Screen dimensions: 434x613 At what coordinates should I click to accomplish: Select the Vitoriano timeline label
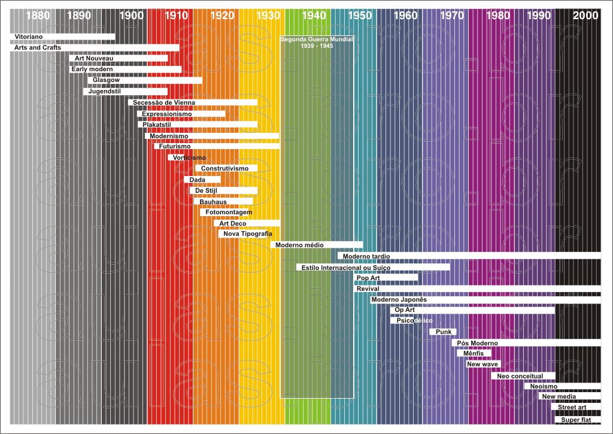tap(29, 37)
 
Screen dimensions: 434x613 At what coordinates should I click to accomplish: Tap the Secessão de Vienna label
tap(164, 102)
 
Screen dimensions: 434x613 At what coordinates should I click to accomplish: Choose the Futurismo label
tap(175, 146)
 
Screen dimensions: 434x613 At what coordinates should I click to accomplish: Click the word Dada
tap(198, 180)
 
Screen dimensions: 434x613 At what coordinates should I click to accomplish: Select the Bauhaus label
tap(213, 202)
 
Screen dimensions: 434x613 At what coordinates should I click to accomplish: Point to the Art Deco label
tap(233, 223)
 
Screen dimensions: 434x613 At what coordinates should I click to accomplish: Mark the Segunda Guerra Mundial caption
tap(317, 42)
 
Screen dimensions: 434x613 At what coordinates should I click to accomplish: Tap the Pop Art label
tap(368, 278)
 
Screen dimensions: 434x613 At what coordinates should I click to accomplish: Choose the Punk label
tap(444, 332)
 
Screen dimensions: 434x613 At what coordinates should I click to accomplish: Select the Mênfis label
tap(474, 353)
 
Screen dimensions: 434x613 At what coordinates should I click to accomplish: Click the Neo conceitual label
tap(520, 376)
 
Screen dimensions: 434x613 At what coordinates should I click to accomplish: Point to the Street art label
tap(572, 408)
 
